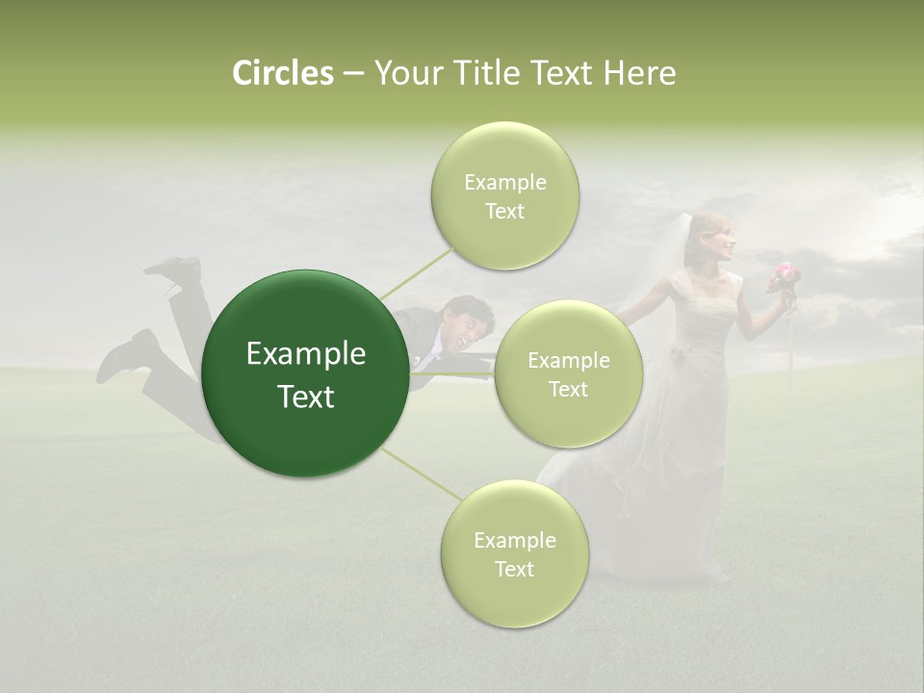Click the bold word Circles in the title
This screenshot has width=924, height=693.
click(282, 73)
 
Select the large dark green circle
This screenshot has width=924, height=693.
click(306, 373)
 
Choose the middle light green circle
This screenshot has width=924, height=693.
click(568, 373)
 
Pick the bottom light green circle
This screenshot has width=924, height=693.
click(514, 553)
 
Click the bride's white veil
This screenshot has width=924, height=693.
click(680, 250)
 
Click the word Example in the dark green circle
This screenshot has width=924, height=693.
click(306, 354)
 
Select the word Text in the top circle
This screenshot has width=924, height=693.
click(505, 212)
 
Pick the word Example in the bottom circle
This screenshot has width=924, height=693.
click(514, 540)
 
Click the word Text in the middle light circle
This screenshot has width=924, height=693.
click(568, 389)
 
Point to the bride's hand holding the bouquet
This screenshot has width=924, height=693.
click(778, 289)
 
